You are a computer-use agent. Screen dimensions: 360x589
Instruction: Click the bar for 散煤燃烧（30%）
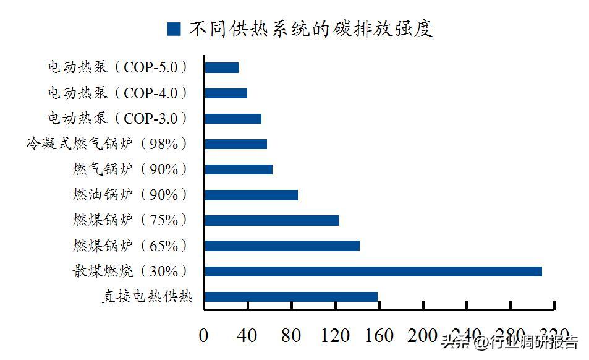pyautogui.click(x=373, y=272)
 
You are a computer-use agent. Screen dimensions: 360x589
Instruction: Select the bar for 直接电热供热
pyautogui.click(x=290, y=297)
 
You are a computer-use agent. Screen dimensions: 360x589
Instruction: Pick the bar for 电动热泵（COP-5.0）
pyautogui.click(x=221, y=68)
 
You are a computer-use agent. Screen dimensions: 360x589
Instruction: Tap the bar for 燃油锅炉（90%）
pyautogui.click(x=251, y=195)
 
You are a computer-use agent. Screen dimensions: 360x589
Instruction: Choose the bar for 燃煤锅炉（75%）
pyautogui.click(x=271, y=221)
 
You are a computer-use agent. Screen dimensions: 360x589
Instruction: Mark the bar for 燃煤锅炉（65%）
pyautogui.click(x=282, y=246)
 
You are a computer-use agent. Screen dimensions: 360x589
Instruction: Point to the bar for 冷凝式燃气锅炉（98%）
pyautogui.click(x=235, y=144)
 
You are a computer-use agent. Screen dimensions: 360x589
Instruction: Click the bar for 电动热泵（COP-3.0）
pyautogui.click(x=233, y=119)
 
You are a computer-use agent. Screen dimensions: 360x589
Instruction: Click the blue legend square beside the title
pyautogui.click(x=174, y=29)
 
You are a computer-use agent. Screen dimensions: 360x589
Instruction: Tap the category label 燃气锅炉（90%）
pyautogui.click(x=130, y=169)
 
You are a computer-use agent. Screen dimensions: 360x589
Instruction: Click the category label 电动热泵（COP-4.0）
pyautogui.click(x=117, y=93)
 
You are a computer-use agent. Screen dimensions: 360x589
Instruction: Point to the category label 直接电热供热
pyautogui.click(x=147, y=297)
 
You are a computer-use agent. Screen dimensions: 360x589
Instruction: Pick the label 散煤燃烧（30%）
pyautogui.click(x=130, y=272)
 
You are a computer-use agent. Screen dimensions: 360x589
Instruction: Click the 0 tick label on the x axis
pyautogui.click(x=204, y=336)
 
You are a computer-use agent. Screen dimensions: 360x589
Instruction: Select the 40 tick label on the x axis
pyautogui.click(x=247, y=336)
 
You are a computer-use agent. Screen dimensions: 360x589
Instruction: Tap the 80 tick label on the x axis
pyautogui.click(x=291, y=336)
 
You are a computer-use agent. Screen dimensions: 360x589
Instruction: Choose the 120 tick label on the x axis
pyautogui.click(x=334, y=336)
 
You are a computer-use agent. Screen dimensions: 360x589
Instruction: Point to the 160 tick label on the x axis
pyautogui.click(x=379, y=336)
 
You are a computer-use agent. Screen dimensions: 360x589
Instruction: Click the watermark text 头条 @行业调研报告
pyautogui.click(x=509, y=342)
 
